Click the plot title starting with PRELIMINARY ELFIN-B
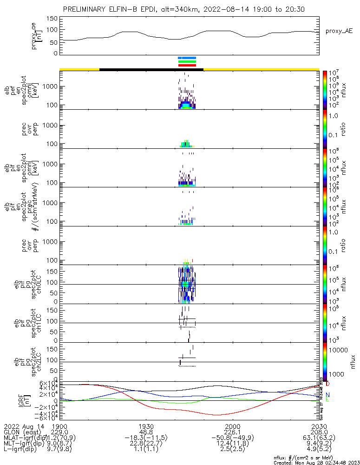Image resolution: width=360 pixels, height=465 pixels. (184, 9)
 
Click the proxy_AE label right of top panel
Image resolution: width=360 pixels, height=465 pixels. (340, 31)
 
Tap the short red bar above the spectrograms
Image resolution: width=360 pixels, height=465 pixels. (187, 66)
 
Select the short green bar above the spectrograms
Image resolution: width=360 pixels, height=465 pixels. (187, 61)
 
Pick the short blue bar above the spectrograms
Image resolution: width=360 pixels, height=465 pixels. (187, 58)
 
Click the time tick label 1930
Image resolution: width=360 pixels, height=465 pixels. (146, 426)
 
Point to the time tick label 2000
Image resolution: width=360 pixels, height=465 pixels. (232, 426)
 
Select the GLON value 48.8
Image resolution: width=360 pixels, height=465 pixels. (146, 432)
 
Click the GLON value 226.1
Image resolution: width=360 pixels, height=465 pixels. (232, 432)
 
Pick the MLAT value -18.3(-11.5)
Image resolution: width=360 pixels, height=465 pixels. (146, 438)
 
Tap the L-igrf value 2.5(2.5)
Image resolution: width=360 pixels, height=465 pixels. (232, 451)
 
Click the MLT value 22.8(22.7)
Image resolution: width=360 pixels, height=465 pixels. (146, 445)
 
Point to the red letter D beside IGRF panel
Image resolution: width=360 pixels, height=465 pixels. (328, 384)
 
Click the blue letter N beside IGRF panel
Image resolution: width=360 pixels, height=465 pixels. (328, 395)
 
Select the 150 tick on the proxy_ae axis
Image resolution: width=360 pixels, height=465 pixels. (52, 19)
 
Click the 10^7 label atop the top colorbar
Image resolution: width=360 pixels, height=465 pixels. (334, 73)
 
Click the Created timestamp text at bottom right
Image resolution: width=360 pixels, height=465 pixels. (316, 463)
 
